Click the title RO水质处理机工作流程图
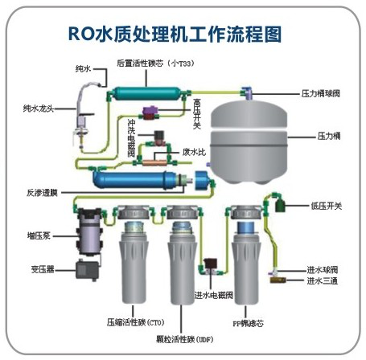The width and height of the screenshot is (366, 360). (x=175, y=34)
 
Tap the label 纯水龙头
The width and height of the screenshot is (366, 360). (x=39, y=108)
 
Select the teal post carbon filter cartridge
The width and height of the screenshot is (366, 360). (x=146, y=93)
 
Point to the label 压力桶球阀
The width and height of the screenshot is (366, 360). (x=321, y=93)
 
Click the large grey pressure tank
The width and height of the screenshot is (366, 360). (x=249, y=141)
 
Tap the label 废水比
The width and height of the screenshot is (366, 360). (x=195, y=152)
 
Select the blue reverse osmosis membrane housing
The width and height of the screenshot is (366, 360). (x=135, y=180)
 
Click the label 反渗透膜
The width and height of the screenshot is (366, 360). (x=42, y=193)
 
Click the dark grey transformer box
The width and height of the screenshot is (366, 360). (x=87, y=270)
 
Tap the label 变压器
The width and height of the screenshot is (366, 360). (x=43, y=269)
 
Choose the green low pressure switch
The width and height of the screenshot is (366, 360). (x=280, y=206)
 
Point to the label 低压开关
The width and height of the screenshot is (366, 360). (x=327, y=206)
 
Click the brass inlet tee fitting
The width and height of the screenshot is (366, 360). (x=278, y=280)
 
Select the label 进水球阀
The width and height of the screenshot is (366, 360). (x=323, y=270)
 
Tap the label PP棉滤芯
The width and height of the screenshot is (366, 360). (x=249, y=323)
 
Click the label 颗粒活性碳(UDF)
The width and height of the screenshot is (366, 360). (x=185, y=339)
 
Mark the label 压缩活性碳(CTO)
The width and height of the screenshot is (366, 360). (x=135, y=322)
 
